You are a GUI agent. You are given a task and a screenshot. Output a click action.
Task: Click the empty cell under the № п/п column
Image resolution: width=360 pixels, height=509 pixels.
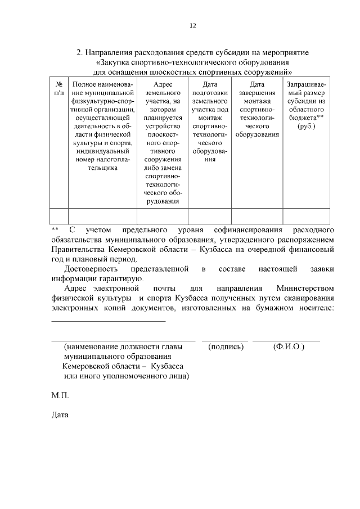(x=58, y=217)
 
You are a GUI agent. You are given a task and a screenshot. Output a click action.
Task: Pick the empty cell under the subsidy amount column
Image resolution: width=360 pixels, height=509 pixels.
(x=306, y=217)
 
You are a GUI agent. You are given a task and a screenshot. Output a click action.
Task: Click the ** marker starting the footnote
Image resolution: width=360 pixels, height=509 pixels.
(x=55, y=231)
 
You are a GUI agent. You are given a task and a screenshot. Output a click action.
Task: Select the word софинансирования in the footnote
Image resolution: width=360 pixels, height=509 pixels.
(x=248, y=231)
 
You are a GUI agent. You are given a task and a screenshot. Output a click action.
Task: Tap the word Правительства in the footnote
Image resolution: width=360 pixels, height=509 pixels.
(x=78, y=249)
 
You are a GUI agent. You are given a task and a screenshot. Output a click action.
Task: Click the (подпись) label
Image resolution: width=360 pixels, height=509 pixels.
(x=227, y=347)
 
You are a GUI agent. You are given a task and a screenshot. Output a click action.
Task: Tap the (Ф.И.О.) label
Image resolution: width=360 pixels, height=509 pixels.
(x=289, y=347)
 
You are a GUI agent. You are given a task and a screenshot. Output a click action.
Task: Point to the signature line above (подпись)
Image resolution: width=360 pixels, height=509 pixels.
(x=224, y=340)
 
